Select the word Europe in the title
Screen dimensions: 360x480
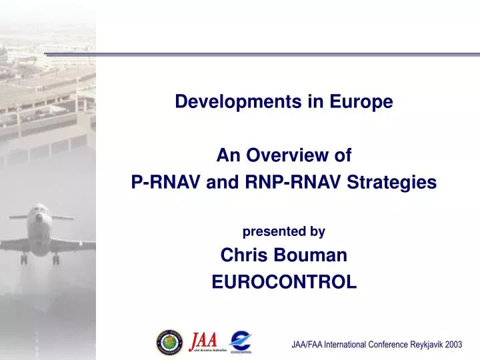(364, 102)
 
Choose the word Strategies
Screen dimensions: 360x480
(397, 181)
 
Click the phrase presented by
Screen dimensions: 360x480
(283, 232)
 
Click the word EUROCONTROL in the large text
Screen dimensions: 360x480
(284, 283)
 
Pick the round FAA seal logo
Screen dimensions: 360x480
(169, 341)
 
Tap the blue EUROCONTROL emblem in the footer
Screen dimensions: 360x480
(241, 340)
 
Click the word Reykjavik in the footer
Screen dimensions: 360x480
(420, 345)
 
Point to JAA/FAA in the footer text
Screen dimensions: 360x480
(308, 345)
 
